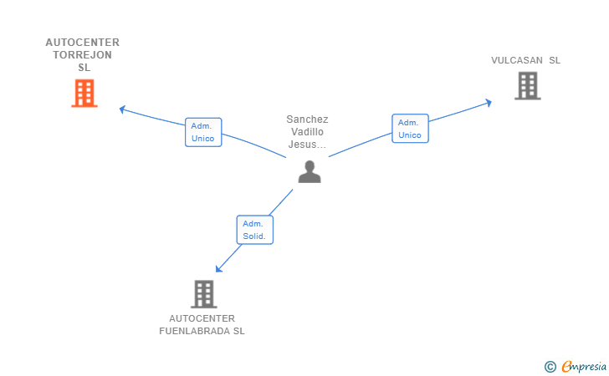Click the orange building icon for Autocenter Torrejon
click(x=84, y=93)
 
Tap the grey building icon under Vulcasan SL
click(x=527, y=85)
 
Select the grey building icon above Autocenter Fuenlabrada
click(x=203, y=293)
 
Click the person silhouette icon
click(x=310, y=171)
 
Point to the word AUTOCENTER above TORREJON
click(x=83, y=43)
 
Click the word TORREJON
click(x=83, y=55)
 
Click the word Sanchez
click(x=307, y=119)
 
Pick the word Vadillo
click(x=307, y=132)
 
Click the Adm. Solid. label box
click(x=254, y=230)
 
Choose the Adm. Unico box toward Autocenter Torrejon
click(x=203, y=132)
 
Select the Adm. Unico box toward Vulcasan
click(x=410, y=129)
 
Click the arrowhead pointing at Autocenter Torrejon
click(x=122, y=109)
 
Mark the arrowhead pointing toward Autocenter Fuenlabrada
click(x=218, y=268)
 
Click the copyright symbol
click(x=550, y=366)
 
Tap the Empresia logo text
click(x=583, y=366)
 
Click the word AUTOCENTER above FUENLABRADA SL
click(x=202, y=318)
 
